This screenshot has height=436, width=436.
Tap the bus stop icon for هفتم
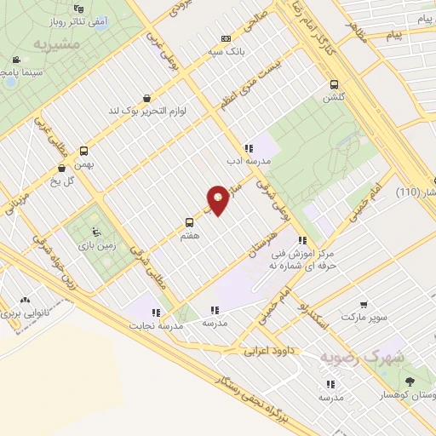pyautogui.click(x=189, y=225)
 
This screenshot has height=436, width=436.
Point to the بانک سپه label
pyautogui.click(x=225, y=50)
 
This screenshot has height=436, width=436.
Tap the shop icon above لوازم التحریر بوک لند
pyautogui.click(x=146, y=99)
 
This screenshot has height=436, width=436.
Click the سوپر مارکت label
pyautogui.click(x=366, y=317)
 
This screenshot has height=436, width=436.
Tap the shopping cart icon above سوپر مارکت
pyautogui.click(x=364, y=304)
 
